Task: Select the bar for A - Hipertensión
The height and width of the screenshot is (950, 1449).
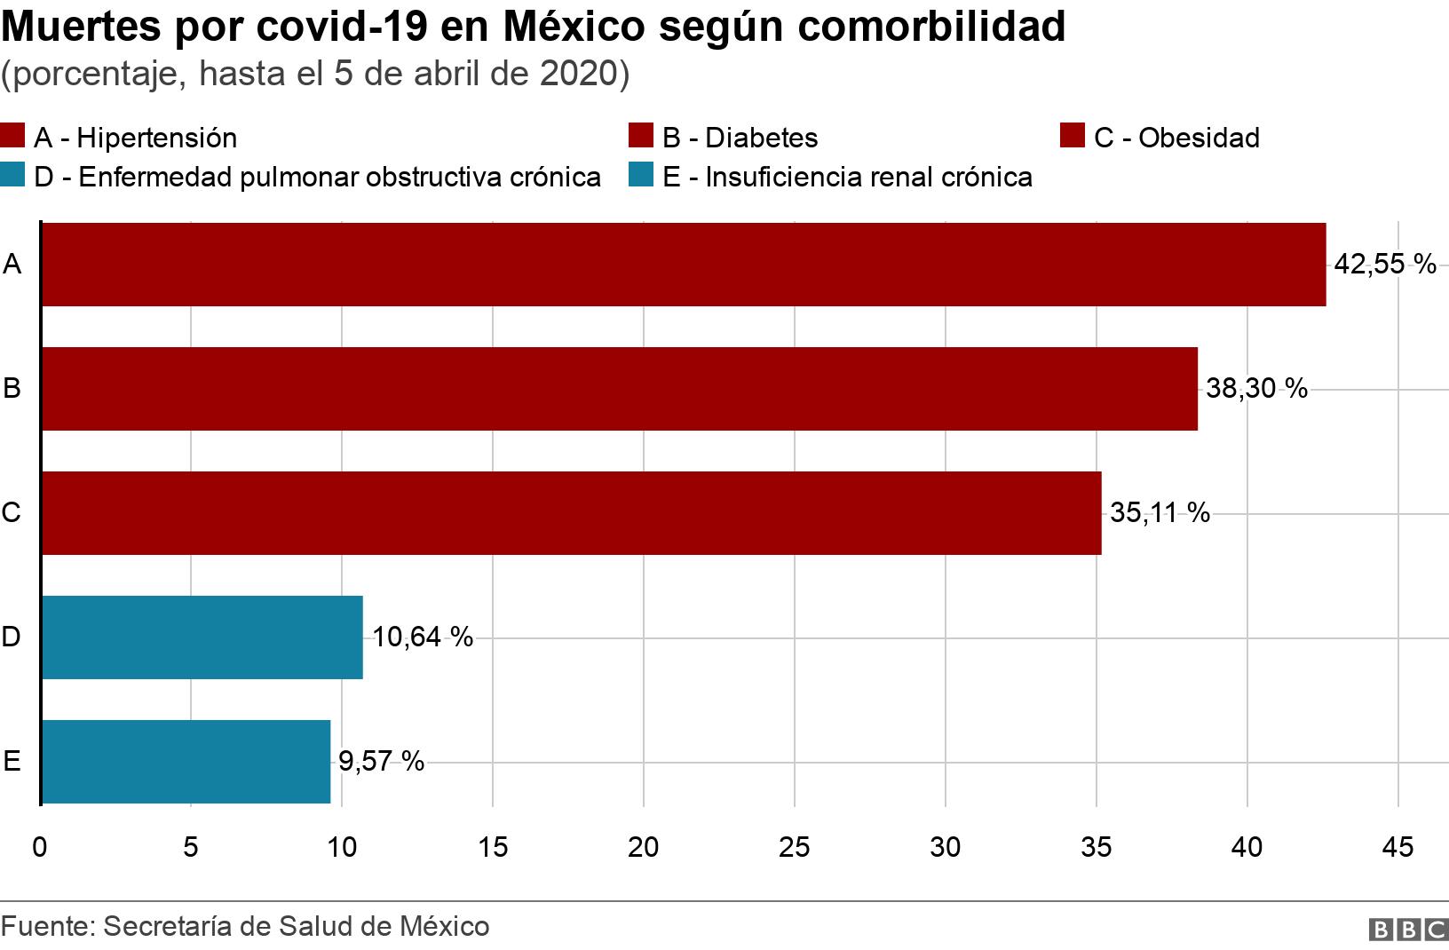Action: (x=684, y=265)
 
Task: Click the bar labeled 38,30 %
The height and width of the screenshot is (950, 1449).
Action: (x=620, y=389)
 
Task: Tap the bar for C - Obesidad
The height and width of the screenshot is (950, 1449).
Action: (x=572, y=513)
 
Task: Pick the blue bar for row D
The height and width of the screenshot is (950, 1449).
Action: (x=202, y=637)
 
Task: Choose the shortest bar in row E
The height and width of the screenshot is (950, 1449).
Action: (x=186, y=762)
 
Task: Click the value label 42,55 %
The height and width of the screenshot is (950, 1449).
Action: (x=1385, y=264)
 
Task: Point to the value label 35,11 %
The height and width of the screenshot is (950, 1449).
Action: (x=1160, y=512)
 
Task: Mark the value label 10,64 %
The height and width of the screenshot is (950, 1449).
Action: (x=423, y=637)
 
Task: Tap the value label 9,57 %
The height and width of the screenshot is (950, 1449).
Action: (x=381, y=761)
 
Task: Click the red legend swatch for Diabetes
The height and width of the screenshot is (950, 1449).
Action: (x=641, y=137)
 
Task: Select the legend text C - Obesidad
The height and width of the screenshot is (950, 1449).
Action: (x=1176, y=138)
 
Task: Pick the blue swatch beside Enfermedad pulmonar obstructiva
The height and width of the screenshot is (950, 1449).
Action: (x=13, y=176)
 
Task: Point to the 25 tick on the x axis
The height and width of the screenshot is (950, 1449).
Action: (x=794, y=847)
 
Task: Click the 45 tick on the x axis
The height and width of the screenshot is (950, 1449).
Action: (x=1398, y=847)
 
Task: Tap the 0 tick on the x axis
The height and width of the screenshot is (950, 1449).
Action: (x=40, y=847)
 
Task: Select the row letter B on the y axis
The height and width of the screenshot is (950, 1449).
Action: (x=12, y=388)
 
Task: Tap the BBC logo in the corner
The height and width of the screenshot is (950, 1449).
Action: (x=1409, y=929)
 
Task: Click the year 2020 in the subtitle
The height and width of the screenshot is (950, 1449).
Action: (x=578, y=74)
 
